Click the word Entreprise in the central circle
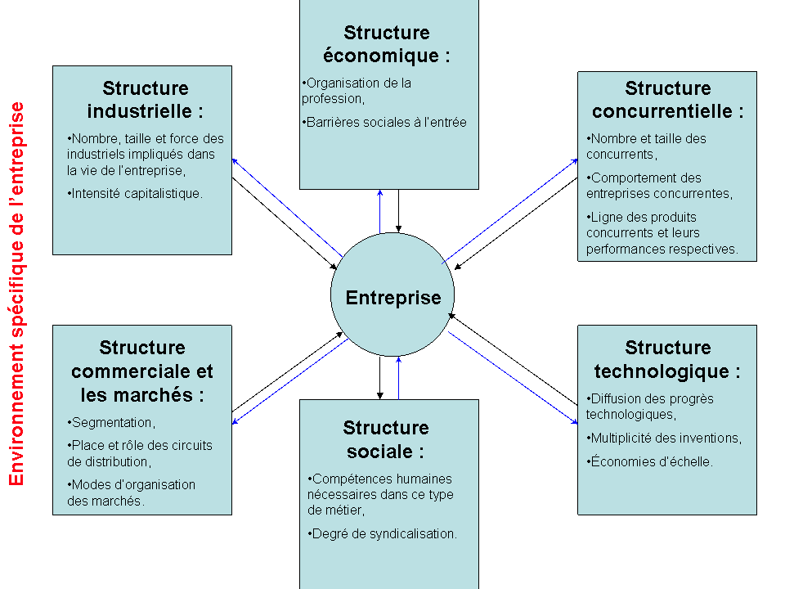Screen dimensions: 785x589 click(x=393, y=298)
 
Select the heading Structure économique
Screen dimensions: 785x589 click(x=387, y=44)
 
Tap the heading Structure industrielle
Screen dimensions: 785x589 click(x=146, y=99)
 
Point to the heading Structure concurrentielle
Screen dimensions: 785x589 click(x=668, y=99)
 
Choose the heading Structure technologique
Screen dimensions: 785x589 click(x=667, y=359)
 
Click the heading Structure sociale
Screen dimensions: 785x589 click(x=385, y=439)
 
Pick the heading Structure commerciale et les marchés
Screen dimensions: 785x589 click(x=142, y=371)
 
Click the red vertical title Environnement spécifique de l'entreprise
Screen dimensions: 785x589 click(x=16, y=294)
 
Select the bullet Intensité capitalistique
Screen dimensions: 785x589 click(x=135, y=193)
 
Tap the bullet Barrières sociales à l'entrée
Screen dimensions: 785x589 click(x=384, y=122)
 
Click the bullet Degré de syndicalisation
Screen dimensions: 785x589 click(x=382, y=534)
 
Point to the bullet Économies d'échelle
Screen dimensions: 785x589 click(x=649, y=461)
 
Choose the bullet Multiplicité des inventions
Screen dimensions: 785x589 click(x=664, y=438)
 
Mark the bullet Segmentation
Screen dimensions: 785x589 click(x=111, y=423)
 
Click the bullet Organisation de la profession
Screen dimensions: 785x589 click(x=357, y=91)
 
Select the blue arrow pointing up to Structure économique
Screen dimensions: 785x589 click(x=380, y=211)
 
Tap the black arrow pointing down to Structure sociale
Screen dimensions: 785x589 click(x=380, y=378)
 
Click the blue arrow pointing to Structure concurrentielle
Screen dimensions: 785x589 click(x=510, y=211)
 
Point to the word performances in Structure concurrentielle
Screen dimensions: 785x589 click(x=634, y=249)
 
